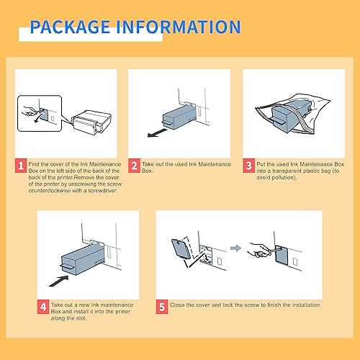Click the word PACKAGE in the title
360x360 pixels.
point(68,27)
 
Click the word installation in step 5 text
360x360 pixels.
point(301,305)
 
